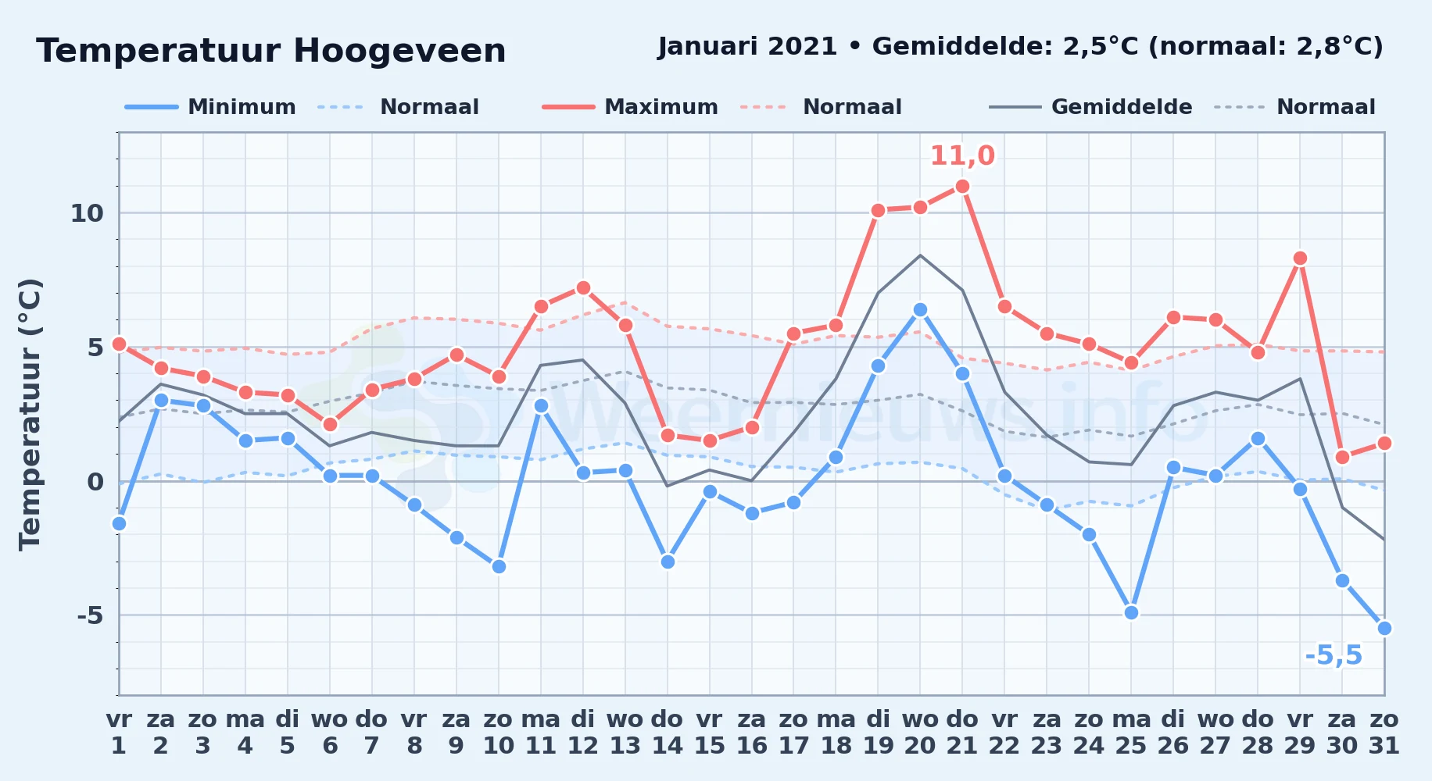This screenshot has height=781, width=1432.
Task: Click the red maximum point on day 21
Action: (x=962, y=186)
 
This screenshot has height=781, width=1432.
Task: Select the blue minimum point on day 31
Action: (x=1384, y=628)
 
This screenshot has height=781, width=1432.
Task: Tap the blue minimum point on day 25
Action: (x=1131, y=612)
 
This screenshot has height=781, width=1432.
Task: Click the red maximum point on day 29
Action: (x=1300, y=258)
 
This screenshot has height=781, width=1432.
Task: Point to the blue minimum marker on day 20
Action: (x=920, y=309)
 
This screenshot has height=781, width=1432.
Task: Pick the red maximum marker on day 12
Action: (x=582, y=287)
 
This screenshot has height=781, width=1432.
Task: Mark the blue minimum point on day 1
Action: (x=119, y=523)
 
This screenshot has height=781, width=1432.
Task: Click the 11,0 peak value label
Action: (x=962, y=155)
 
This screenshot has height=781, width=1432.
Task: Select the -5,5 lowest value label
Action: (x=1334, y=655)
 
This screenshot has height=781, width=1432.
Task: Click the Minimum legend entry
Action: (x=210, y=107)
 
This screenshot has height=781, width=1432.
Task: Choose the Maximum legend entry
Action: (x=630, y=107)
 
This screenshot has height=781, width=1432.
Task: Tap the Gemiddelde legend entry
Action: (x=1091, y=107)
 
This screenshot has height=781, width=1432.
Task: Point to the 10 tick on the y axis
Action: (x=87, y=213)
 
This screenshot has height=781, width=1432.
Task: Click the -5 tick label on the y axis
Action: (x=90, y=615)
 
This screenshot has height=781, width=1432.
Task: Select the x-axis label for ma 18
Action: (x=836, y=732)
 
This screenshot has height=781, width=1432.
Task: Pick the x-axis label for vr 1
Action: (x=119, y=732)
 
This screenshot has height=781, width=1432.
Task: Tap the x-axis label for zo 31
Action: (x=1384, y=732)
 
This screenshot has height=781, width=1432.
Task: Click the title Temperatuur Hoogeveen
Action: (x=271, y=51)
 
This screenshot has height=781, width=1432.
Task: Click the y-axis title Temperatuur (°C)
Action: (x=30, y=414)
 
